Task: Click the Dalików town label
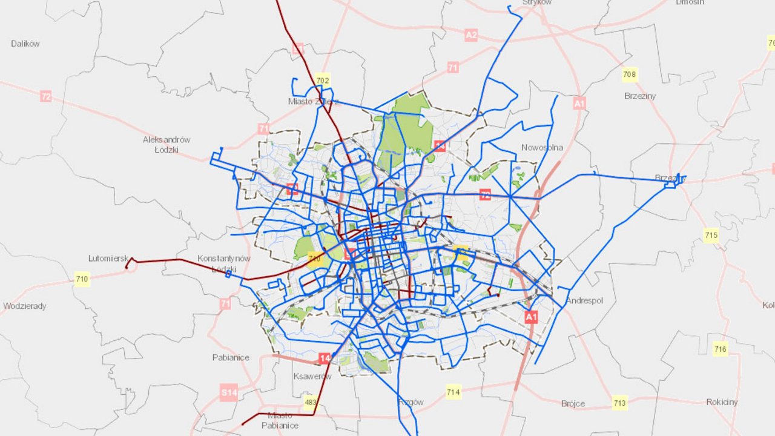(x=25, y=44)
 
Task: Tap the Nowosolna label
(x=542, y=148)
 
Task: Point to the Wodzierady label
(x=25, y=306)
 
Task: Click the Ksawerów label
(x=312, y=376)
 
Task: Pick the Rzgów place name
(x=411, y=402)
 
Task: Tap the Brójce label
(x=573, y=403)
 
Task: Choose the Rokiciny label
(x=722, y=402)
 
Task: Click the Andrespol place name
(x=584, y=301)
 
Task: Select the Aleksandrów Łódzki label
(x=167, y=144)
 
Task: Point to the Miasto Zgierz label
(x=314, y=101)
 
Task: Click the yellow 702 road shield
(x=323, y=81)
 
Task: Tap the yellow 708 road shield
(x=630, y=75)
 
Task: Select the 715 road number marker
(x=711, y=235)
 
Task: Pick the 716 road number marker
(x=720, y=349)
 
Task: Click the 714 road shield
(x=453, y=392)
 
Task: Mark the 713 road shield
(x=619, y=403)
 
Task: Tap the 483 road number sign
(x=311, y=403)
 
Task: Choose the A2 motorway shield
(x=471, y=35)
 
